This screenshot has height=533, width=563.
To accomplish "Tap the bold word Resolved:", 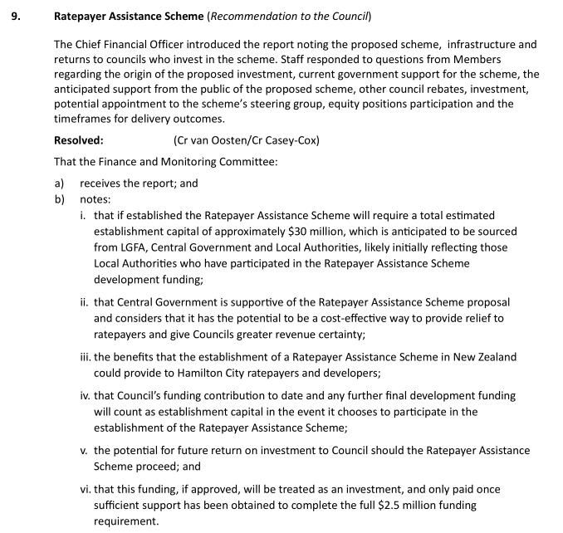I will [x=79, y=140].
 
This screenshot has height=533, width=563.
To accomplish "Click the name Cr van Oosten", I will [x=208, y=140].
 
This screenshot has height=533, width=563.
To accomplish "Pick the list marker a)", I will [x=59, y=183].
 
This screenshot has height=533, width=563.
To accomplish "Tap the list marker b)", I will [x=59, y=199].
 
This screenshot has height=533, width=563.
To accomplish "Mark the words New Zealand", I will [x=485, y=356].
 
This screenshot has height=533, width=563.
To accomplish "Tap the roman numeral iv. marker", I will [x=85, y=395].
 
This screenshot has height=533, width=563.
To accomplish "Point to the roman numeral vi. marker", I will [x=85, y=489].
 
